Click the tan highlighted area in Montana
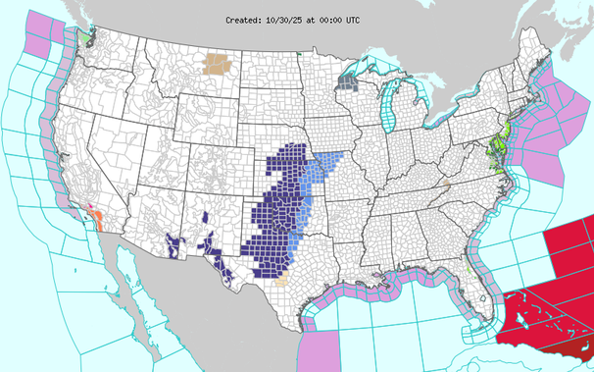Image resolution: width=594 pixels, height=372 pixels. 216,66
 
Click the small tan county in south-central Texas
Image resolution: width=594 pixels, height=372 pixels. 282,279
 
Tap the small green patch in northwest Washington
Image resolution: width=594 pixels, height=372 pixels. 89,33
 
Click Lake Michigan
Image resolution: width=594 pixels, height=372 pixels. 392,108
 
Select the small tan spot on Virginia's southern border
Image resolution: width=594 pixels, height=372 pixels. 444,184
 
